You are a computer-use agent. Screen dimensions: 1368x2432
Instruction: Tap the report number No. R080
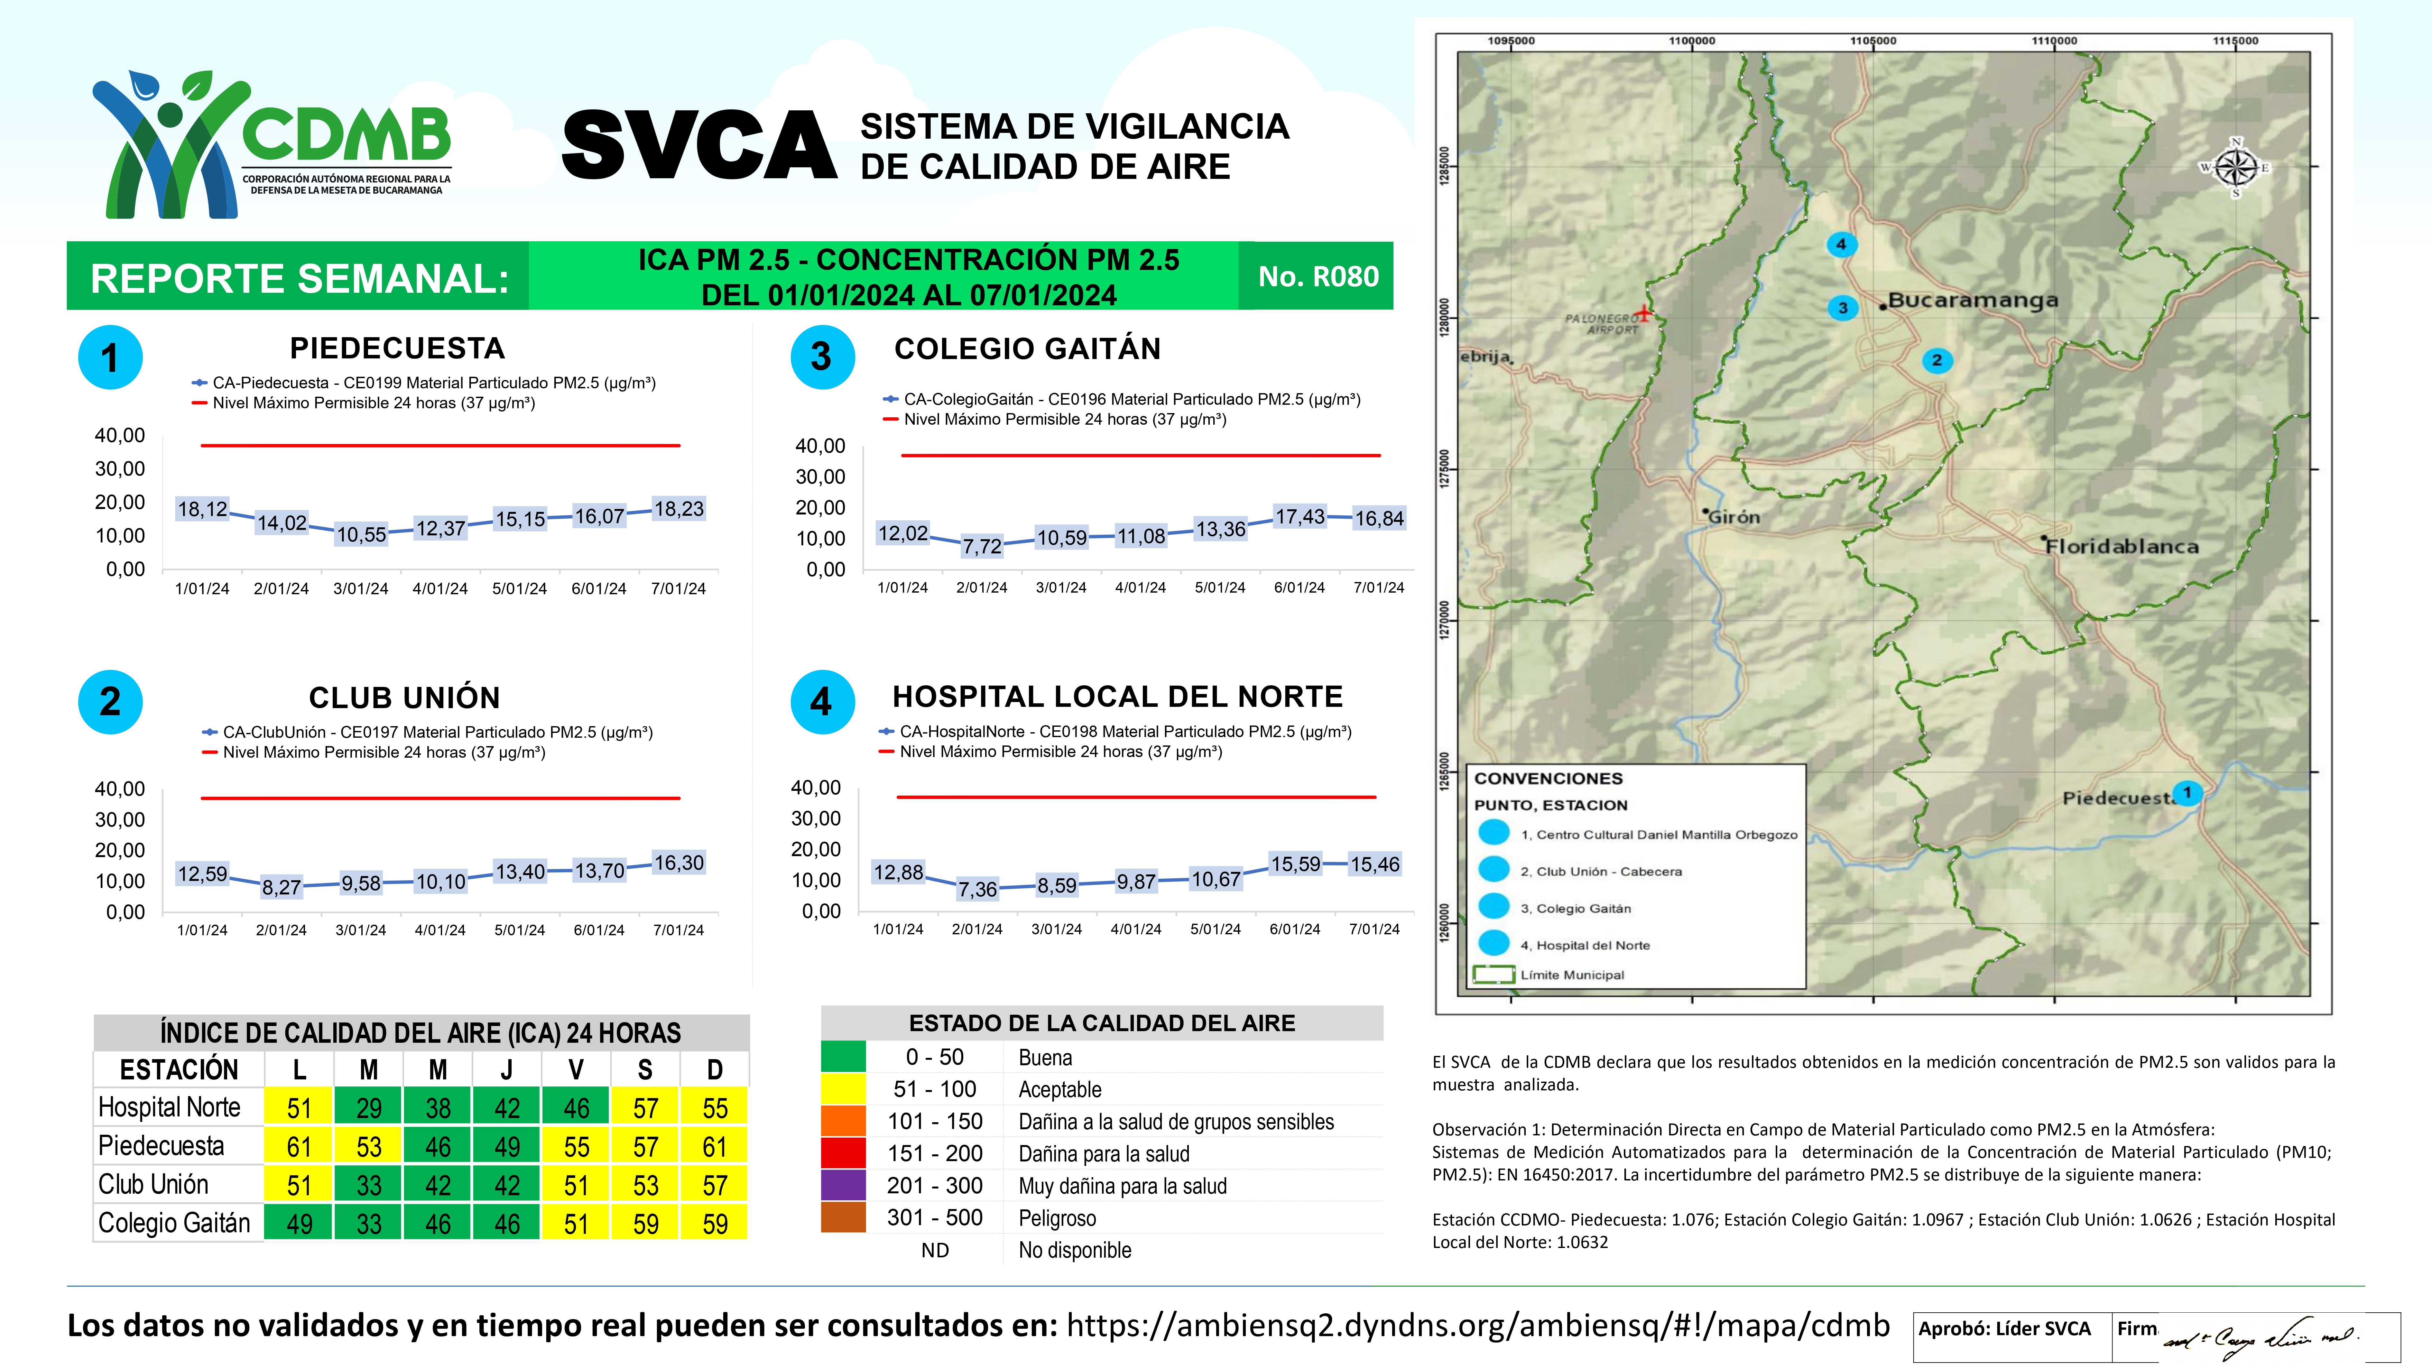(x=1318, y=277)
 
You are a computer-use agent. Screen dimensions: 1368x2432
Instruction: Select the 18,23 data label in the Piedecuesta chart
(x=679, y=509)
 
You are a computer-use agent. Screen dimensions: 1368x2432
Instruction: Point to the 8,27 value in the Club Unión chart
(x=281, y=887)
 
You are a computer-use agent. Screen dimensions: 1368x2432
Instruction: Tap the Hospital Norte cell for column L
(x=299, y=1107)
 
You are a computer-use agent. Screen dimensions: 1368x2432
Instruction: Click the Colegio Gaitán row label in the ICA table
(x=175, y=1224)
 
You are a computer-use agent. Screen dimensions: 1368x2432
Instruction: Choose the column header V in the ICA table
(x=576, y=1070)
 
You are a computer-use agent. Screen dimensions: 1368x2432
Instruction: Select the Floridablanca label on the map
(x=2122, y=547)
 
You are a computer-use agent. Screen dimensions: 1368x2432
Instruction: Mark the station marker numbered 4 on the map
(x=1840, y=245)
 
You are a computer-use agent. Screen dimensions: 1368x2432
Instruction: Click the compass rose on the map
(x=2236, y=168)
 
